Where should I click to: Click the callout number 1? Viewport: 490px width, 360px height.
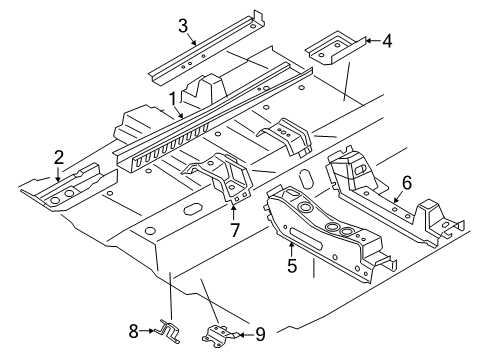tap(172, 99)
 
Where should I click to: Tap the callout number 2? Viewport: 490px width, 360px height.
tap(59, 157)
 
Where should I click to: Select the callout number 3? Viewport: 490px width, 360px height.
tap(183, 26)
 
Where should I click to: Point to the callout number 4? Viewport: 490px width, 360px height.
tap(387, 41)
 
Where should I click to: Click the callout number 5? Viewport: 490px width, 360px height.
tap(292, 266)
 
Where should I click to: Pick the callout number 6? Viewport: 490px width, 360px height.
tap(407, 183)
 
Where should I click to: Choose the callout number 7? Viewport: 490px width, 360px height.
tap(235, 230)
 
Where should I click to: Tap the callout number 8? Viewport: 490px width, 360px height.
tap(133, 331)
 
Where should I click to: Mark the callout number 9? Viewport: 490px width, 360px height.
tap(260, 334)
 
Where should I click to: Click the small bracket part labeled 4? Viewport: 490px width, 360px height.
tap(335, 48)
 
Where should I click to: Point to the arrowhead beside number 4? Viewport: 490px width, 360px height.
tap(368, 41)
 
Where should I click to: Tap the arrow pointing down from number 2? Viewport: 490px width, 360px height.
tap(58, 174)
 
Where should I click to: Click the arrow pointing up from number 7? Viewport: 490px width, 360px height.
tap(233, 212)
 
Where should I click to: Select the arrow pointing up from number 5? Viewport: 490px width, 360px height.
tap(292, 250)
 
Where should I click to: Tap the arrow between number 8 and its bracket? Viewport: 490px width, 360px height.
tap(147, 331)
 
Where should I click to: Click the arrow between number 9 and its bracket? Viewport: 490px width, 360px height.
tap(246, 334)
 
